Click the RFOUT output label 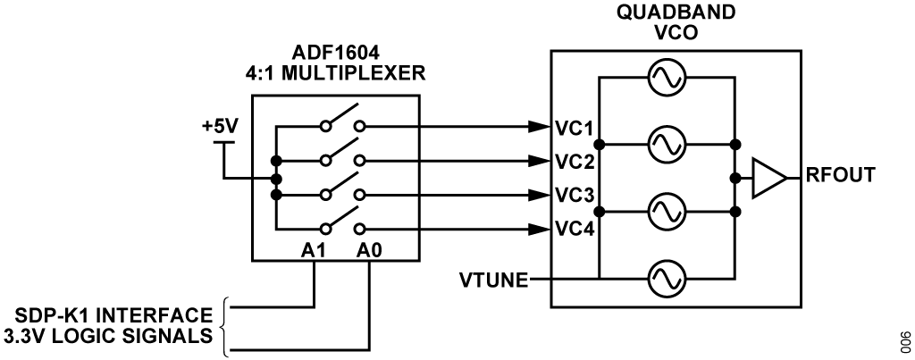pos(842,176)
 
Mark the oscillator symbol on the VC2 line pos(666,143)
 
